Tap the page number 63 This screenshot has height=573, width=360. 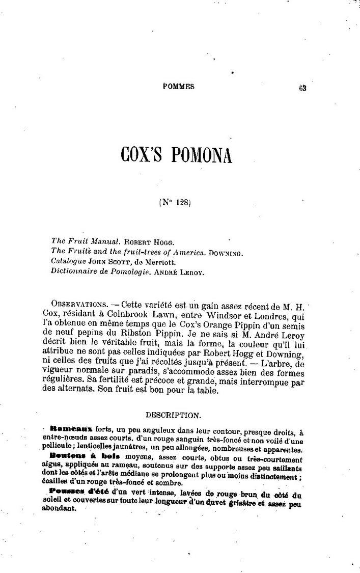[x=302, y=87]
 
